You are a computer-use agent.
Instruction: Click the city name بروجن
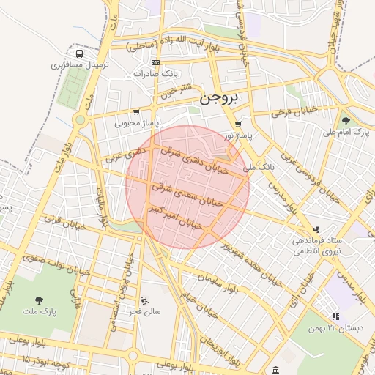click(x=219, y=98)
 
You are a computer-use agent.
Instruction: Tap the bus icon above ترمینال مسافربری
click(x=78, y=53)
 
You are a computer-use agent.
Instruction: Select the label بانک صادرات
click(x=156, y=74)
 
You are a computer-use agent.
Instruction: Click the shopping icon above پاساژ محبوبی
click(x=136, y=112)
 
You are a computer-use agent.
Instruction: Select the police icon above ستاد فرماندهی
click(x=316, y=229)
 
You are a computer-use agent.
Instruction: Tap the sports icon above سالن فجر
click(x=144, y=300)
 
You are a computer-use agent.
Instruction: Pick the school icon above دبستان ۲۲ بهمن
click(x=335, y=316)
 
